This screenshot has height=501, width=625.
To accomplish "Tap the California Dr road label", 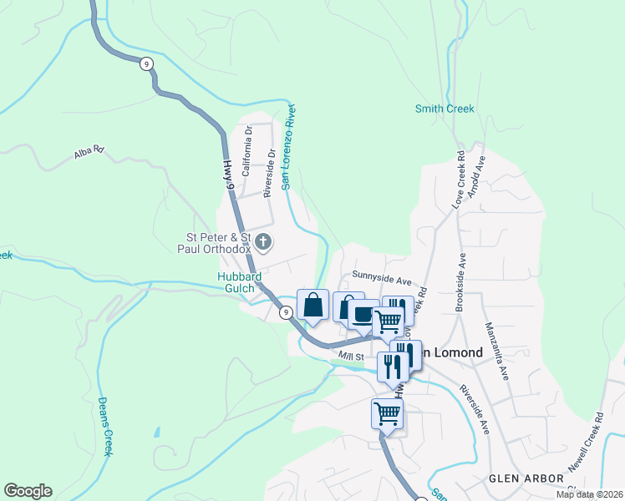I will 246,156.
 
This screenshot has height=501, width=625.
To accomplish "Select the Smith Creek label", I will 445,109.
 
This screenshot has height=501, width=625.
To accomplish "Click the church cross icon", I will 263,243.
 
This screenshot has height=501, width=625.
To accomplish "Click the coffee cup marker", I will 363,315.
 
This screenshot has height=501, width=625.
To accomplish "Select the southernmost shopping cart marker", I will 387,413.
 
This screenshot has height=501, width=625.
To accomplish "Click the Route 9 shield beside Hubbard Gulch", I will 286,312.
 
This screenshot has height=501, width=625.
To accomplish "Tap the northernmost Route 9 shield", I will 146,63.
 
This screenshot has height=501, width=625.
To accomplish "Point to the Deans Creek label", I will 104,426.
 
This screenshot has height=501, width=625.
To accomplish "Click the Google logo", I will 28,491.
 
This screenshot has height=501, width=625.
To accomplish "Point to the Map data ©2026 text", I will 588,494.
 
